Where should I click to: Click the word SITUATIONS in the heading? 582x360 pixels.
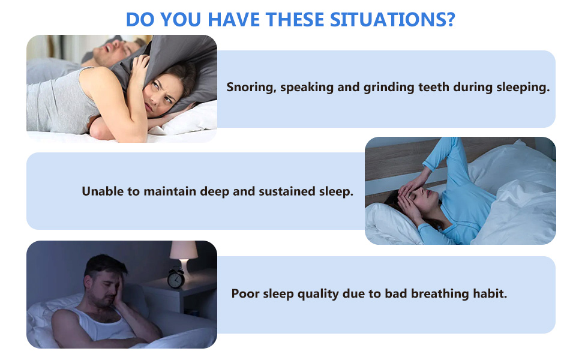pos(388,20)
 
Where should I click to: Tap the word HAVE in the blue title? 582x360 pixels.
pos(233,20)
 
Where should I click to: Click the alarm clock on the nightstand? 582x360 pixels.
pos(176,278)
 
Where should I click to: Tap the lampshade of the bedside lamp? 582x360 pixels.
pos(184,250)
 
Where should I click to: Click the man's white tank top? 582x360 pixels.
pos(102,323)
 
